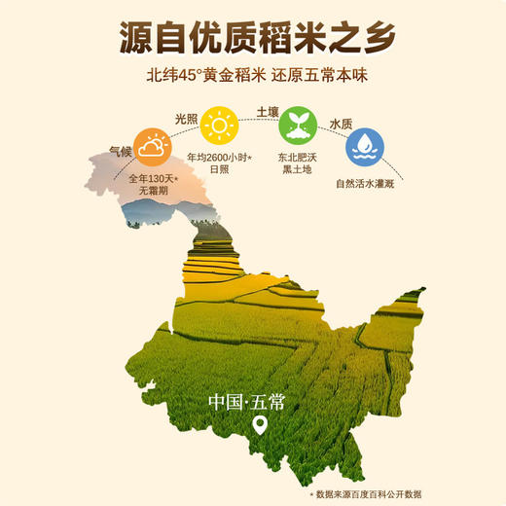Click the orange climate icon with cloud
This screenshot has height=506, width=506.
point(150,147)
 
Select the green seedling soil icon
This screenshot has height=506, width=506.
point(297,127)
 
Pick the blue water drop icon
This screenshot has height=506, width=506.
point(365,147)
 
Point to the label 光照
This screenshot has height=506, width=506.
point(188,118)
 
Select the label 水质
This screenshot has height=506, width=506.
point(341,125)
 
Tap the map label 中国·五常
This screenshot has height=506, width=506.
point(246,402)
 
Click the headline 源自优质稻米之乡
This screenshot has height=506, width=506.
point(252,36)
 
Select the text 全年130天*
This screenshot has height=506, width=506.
point(152,179)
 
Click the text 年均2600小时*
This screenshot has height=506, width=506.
point(221,160)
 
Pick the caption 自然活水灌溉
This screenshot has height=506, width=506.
point(366,182)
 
